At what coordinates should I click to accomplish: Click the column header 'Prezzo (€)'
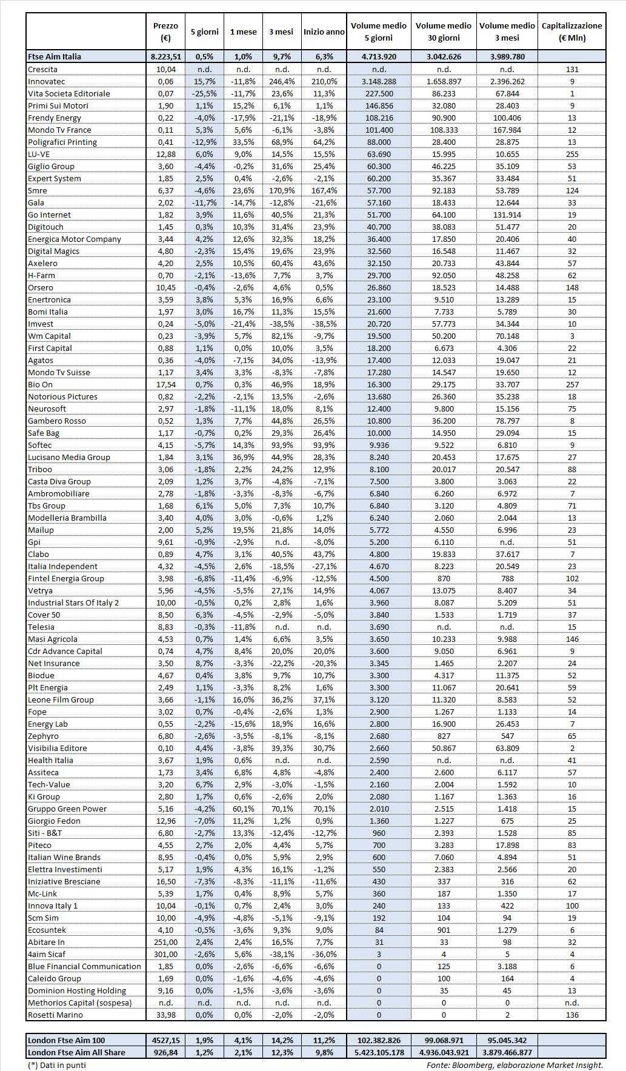[165, 32]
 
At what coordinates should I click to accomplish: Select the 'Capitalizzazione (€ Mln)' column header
[571, 32]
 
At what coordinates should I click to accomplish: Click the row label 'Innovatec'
[47, 81]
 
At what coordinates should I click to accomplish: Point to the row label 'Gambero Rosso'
[57, 421]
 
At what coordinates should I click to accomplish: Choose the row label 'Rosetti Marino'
[55, 1015]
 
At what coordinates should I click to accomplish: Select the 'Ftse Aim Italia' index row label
[55, 56]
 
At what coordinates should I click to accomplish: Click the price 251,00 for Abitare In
[165, 942]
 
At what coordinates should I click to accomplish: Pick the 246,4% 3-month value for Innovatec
[281, 81]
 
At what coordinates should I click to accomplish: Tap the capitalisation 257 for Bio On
[571, 384]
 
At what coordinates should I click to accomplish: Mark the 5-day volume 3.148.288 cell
[379, 81]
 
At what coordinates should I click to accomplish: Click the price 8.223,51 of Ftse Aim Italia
[165, 56]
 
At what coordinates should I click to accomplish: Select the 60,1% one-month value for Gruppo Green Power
[243, 809]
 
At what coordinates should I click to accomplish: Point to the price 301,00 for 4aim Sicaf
[165, 954]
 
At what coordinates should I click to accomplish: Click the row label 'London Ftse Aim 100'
[66, 1041]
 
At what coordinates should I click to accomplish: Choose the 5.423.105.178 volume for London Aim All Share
[379, 1052]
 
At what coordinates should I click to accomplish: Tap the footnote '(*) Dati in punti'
[57, 1064]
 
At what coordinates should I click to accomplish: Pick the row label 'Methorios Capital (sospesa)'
[79, 1003]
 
